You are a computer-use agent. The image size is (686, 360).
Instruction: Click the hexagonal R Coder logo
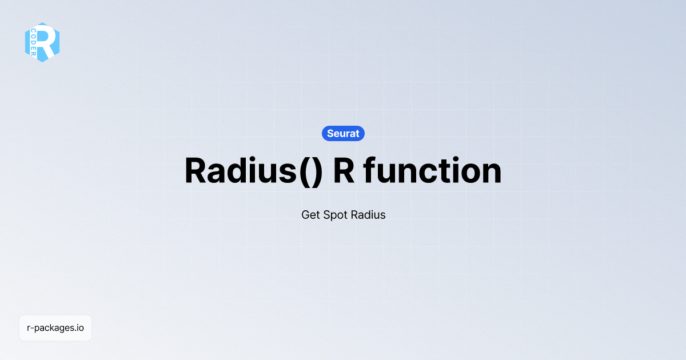tap(42, 42)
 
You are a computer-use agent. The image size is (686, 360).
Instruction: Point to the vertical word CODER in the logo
tap(34, 42)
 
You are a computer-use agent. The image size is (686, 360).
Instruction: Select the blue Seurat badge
tap(343, 133)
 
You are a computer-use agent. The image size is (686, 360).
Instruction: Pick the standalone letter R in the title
tap(344, 170)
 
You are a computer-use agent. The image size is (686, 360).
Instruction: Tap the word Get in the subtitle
tap(310, 215)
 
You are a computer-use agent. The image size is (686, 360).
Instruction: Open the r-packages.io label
tap(55, 328)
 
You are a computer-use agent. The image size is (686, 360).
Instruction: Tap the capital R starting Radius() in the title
tap(196, 170)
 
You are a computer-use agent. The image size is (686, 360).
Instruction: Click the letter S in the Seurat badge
tap(330, 134)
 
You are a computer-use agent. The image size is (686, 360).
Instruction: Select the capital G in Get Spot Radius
tap(305, 215)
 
